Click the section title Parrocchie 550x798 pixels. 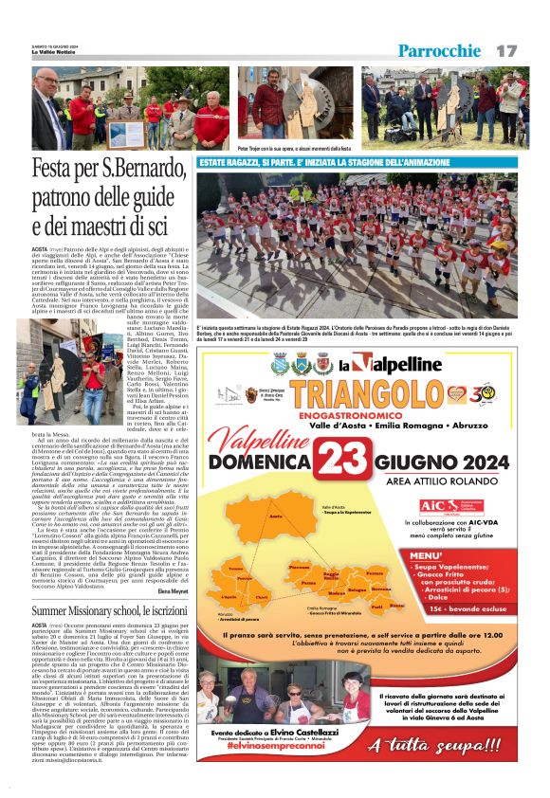[440, 50]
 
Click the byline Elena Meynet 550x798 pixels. [174, 591]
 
